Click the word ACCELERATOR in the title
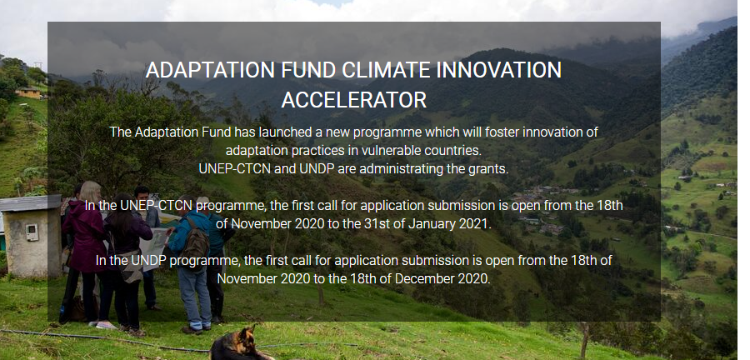[x=354, y=100]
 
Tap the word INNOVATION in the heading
[x=499, y=70]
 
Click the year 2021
[x=475, y=223]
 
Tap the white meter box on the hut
[x=32, y=232]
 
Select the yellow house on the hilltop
[x=28, y=92]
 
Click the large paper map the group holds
[x=153, y=249]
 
